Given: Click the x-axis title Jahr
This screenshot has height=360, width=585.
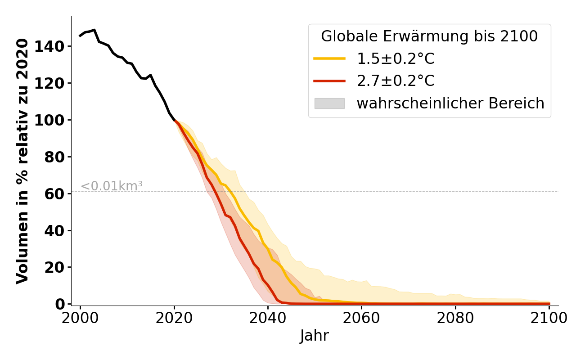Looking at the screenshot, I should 314,336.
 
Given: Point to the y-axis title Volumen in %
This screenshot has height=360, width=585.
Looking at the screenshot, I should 22,161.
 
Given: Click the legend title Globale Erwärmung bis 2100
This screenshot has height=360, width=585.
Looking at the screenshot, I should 429,36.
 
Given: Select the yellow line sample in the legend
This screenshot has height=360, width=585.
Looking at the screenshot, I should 329,58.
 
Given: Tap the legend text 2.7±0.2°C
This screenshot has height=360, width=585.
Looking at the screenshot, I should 396,81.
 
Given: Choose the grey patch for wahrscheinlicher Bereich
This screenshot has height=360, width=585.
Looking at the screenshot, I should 329,103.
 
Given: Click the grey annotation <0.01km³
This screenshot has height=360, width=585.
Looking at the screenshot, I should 112,186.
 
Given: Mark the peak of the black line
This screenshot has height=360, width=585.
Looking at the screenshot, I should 94,30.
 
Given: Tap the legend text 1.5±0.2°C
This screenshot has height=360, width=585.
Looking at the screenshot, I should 396,58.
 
